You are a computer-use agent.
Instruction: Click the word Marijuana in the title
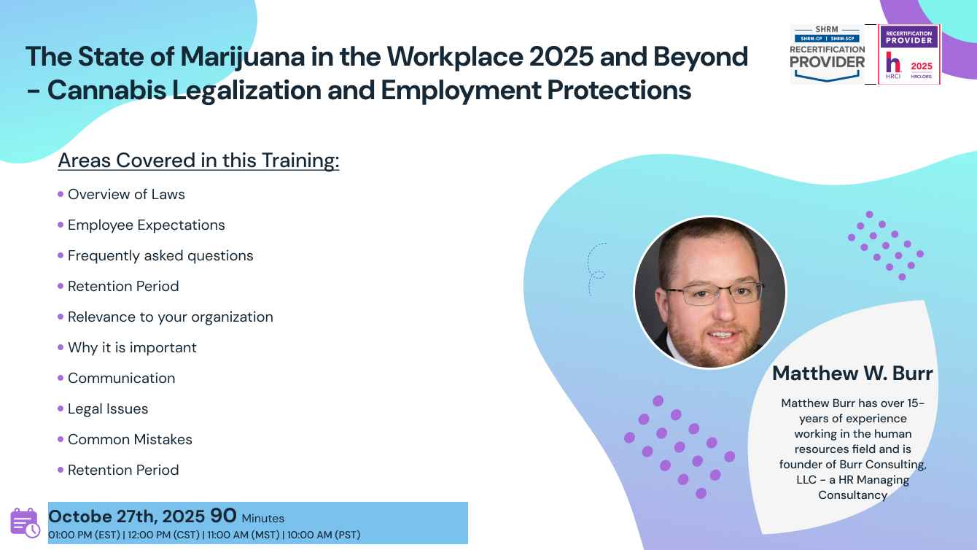pyautogui.click(x=243, y=58)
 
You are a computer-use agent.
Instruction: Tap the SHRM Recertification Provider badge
pyautogui.click(x=828, y=54)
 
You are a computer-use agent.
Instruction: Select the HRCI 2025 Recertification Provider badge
pyautogui.click(x=909, y=54)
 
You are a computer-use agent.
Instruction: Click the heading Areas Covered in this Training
pyautogui.click(x=198, y=160)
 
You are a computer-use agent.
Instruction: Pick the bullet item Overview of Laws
pyautogui.click(x=126, y=194)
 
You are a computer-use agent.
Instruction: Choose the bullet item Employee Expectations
pyautogui.click(x=146, y=225)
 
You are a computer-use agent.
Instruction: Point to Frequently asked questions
pyautogui.click(x=160, y=256)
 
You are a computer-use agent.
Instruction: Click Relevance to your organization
pyautogui.click(x=170, y=317)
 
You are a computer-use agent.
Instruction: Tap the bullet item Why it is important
pyautogui.click(x=132, y=347)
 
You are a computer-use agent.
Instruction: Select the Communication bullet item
pyautogui.click(x=121, y=378)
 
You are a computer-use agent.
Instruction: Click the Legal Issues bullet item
pyautogui.click(x=108, y=409)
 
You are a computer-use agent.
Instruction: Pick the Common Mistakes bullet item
pyautogui.click(x=130, y=439)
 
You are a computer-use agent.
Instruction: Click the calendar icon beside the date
pyautogui.click(x=25, y=522)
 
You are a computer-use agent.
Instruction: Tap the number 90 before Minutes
pyautogui.click(x=223, y=516)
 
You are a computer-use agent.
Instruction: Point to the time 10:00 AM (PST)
pyautogui.click(x=323, y=535)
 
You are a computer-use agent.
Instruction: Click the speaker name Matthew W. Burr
pyautogui.click(x=852, y=373)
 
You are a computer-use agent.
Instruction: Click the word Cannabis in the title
pyautogui.click(x=106, y=90)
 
